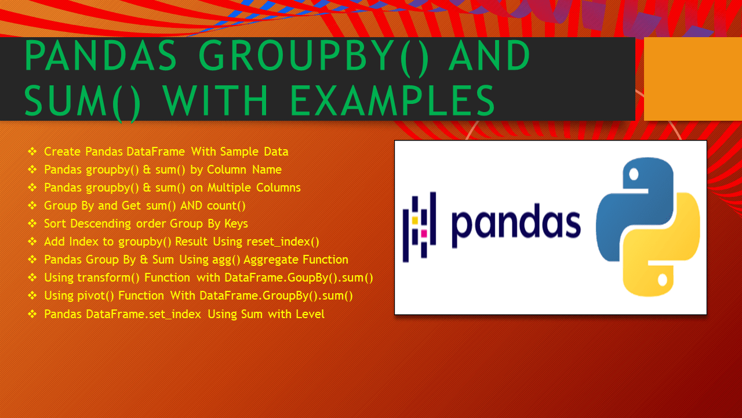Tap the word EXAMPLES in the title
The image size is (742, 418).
click(x=392, y=101)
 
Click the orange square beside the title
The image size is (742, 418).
click(x=693, y=79)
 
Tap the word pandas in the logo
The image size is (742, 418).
click(x=516, y=225)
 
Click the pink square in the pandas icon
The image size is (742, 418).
click(x=424, y=233)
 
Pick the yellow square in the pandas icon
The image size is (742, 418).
click(x=415, y=220)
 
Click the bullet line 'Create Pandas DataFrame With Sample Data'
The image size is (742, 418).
click(x=166, y=152)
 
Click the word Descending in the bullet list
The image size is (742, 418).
click(x=103, y=224)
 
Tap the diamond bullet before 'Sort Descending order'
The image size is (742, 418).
click(x=32, y=224)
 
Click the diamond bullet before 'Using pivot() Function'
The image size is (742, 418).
click(x=32, y=296)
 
